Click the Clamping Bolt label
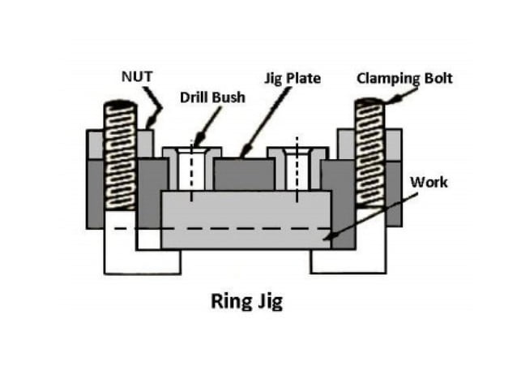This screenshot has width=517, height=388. [404, 79]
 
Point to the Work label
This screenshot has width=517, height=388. [428, 182]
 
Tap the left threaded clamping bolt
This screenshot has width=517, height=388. [121, 154]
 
